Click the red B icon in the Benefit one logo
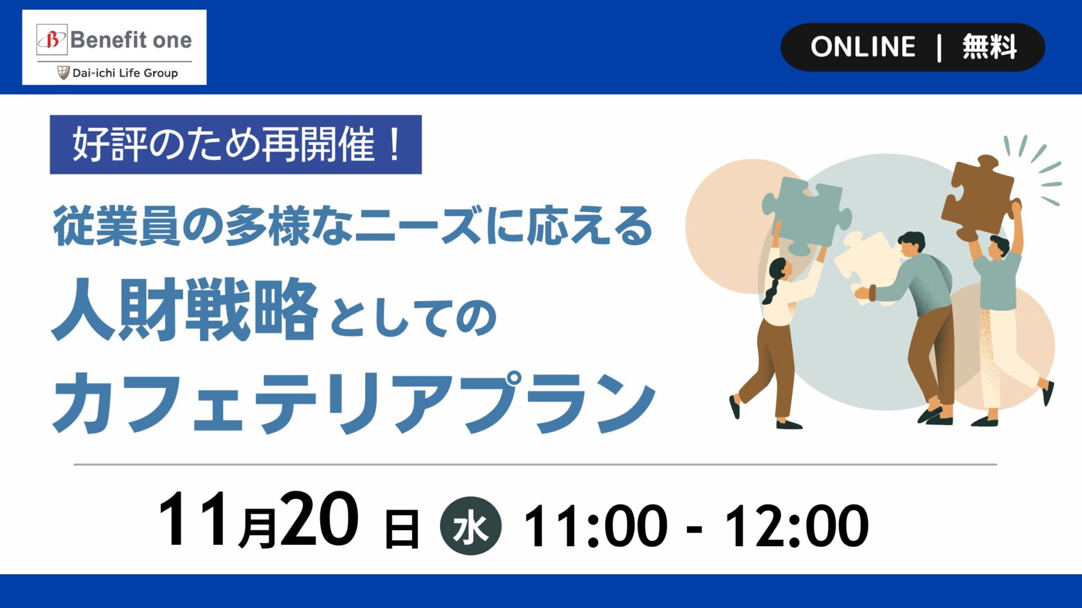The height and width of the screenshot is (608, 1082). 52,40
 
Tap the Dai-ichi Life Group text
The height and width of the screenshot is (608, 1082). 125,73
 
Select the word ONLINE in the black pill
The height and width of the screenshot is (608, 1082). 863,47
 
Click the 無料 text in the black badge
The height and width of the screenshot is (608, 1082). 990,47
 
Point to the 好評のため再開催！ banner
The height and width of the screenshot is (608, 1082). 236,145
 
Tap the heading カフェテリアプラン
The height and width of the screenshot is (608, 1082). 354,403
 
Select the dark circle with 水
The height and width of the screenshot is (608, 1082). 471,526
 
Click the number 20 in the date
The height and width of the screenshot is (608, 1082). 319,518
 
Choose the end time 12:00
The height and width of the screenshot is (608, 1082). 797,526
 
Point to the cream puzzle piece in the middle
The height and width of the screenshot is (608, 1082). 863,266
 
